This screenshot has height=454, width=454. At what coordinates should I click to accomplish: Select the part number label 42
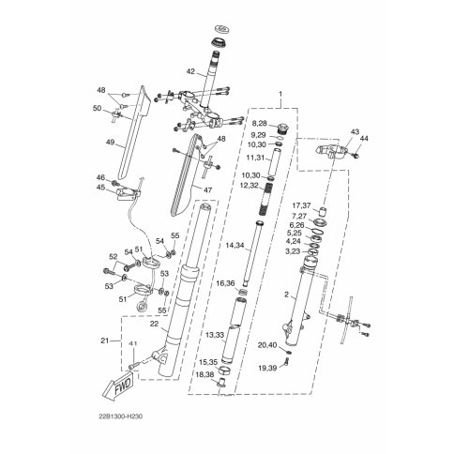[190, 71]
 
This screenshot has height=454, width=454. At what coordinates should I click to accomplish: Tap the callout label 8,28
[260, 124]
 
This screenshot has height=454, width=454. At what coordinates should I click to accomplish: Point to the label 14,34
[235, 246]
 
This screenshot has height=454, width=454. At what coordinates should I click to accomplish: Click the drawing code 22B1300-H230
[120, 416]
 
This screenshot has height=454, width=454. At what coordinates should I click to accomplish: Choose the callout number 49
[110, 143]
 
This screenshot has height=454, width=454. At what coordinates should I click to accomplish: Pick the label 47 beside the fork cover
[207, 189]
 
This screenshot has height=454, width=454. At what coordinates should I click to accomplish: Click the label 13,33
[215, 335]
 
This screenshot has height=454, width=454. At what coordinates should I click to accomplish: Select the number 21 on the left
[104, 340]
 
